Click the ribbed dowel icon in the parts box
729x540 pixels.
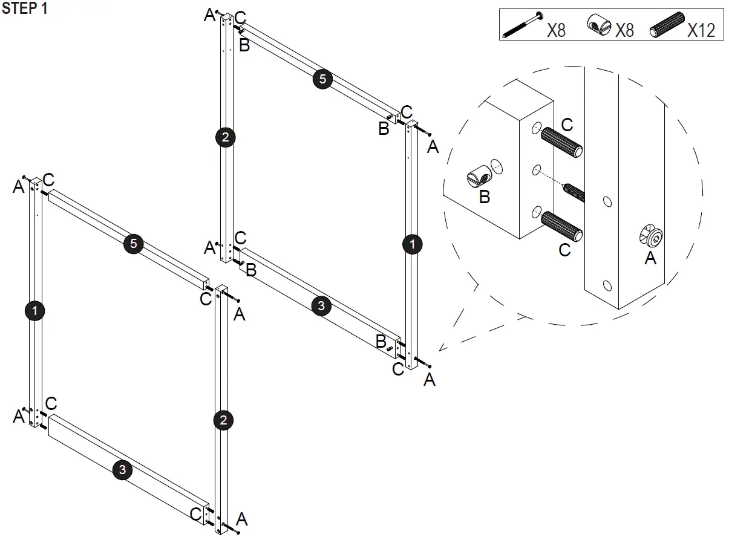tap(666, 25)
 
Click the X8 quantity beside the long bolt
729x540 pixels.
tap(556, 30)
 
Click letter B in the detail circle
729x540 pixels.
tap(484, 197)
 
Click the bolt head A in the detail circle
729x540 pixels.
tap(651, 236)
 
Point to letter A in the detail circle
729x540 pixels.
tap(650, 258)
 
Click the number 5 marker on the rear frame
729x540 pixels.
tap(322, 79)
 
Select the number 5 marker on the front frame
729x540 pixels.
tap(133, 244)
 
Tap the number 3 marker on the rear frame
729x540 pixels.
tap(321, 306)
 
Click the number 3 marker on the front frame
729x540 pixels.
tap(122, 470)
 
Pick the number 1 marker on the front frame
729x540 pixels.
tap(35, 311)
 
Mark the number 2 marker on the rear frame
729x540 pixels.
tap(225, 137)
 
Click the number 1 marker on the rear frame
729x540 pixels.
tap(413, 244)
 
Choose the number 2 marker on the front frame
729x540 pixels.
tap(223, 420)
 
